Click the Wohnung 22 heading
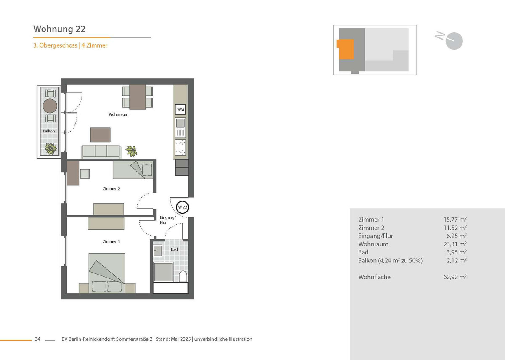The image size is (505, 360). [59, 29]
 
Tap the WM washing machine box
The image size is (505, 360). [181, 109]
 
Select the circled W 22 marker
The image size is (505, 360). [182, 207]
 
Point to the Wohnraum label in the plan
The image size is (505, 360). [118, 114]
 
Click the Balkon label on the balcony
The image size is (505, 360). [49, 131]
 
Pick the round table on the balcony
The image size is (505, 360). [50, 106]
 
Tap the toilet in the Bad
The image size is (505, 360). [183, 276]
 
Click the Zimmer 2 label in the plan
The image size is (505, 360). [111, 189]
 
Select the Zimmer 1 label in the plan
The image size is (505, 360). [111, 242]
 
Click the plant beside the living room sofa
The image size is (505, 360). [132, 151]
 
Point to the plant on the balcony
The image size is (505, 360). [51, 149]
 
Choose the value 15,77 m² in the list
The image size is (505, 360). [455, 220]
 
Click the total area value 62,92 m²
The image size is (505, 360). [455, 277]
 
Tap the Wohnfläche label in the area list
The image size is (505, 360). [374, 277]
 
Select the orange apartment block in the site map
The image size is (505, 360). [345, 49]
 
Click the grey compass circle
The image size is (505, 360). [454, 41]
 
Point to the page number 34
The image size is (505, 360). [37, 339]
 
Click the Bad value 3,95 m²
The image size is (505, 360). [456, 252]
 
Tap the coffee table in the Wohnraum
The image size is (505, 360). [100, 135]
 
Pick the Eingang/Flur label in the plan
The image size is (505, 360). [168, 220]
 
